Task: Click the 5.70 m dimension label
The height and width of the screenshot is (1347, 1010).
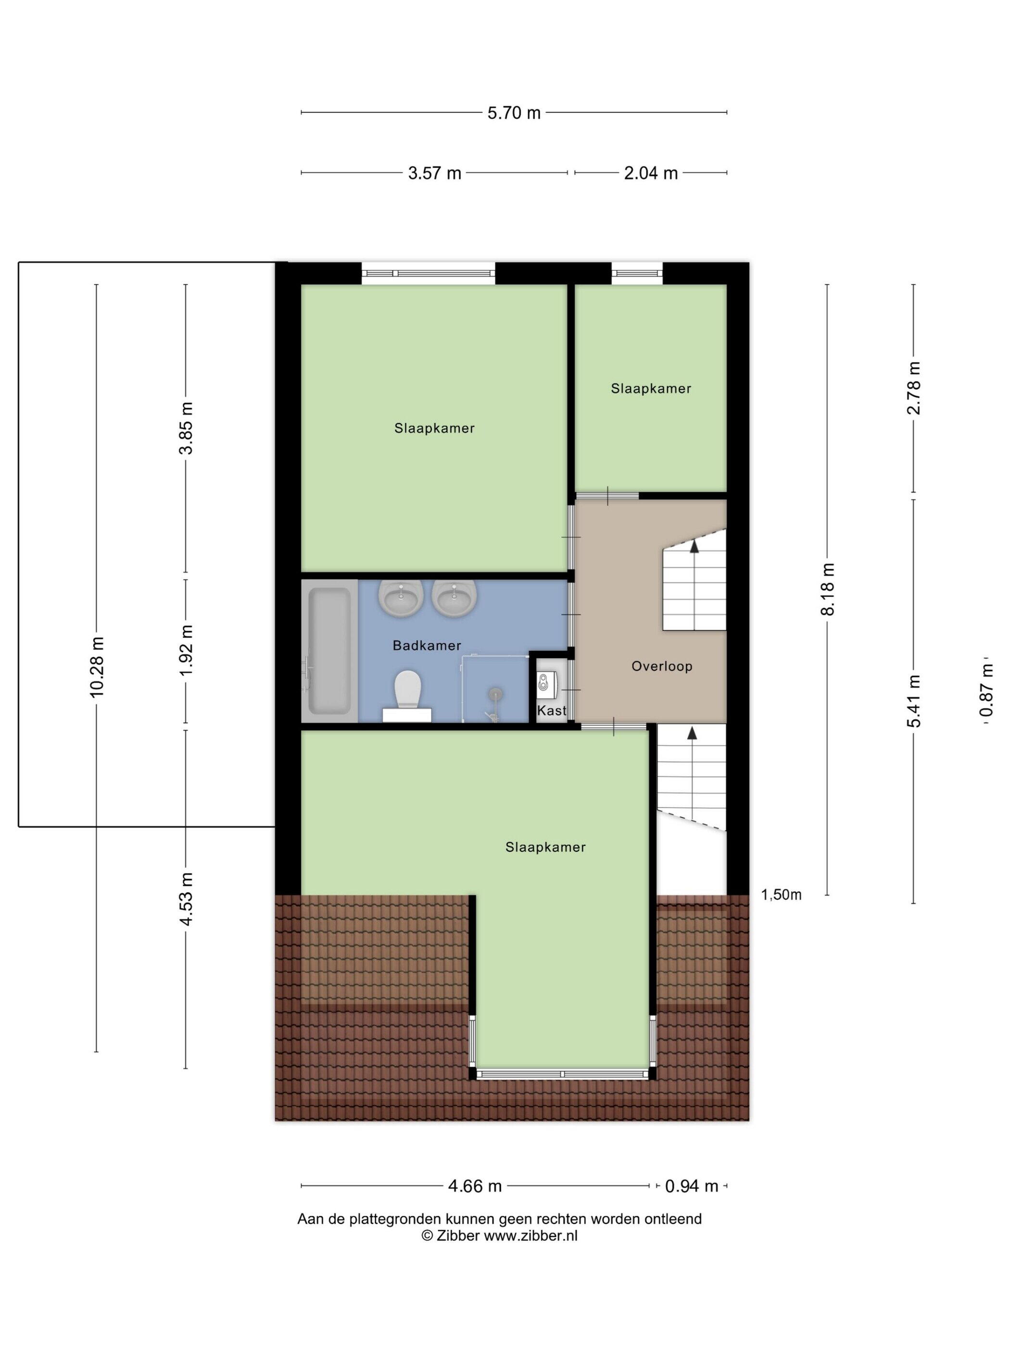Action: tap(513, 112)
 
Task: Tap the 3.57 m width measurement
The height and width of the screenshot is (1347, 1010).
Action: tap(434, 173)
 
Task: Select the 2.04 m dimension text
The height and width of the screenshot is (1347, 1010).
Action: tap(650, 173)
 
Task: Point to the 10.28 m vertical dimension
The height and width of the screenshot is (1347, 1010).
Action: tap(97, 666)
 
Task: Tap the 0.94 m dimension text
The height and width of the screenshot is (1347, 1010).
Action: tap(691, 1186)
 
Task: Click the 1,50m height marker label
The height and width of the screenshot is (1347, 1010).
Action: tap(781, 894)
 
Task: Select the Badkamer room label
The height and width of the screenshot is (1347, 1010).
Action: tap(426, 646)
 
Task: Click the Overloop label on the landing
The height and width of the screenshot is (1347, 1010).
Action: tap(662, 666)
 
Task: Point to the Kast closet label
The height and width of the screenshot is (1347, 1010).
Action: tap(552, 710)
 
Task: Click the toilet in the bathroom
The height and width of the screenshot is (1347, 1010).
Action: tap(407, 696)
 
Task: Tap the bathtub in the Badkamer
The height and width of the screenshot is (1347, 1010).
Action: tap(329, 650)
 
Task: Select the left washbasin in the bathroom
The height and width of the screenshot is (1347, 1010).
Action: tap(401, 597)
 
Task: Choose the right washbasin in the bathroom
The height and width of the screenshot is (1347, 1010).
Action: tap(454, 597)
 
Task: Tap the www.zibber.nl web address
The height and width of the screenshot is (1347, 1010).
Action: tap(530, 1235)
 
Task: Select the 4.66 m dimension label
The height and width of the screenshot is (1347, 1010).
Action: tap(474, 1186)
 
